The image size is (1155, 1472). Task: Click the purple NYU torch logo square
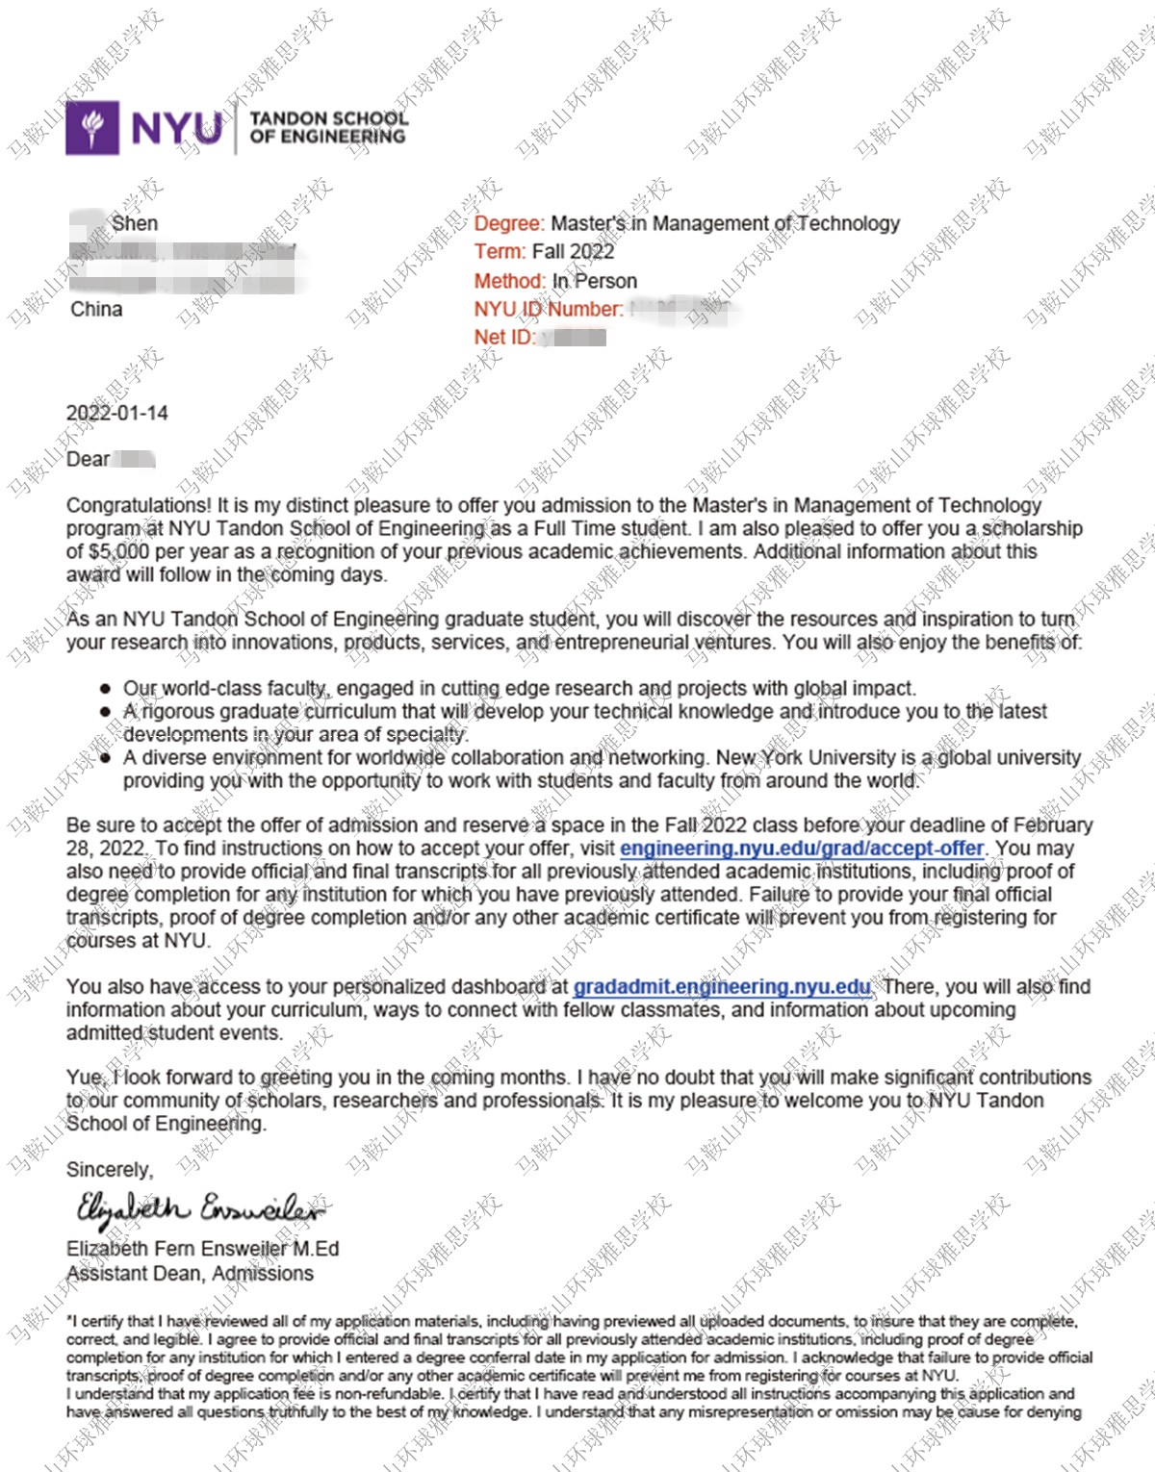92,127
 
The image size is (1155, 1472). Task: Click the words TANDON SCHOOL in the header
328,118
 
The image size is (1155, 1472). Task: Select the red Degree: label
509,223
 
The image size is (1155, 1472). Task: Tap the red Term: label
500,252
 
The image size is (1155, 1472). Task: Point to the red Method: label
509,281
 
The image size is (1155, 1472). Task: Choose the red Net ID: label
504,337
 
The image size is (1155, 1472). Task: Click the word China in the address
96,309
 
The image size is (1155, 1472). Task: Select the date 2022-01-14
116,413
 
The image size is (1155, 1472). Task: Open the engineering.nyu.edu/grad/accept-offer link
802,849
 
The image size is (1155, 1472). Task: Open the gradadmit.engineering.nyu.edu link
722,987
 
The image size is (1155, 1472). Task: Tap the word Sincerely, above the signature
110,1170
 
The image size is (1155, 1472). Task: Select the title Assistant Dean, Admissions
190,1274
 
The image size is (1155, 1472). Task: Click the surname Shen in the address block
135,223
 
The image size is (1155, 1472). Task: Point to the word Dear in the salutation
88,459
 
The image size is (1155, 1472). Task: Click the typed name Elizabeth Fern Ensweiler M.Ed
202,1249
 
